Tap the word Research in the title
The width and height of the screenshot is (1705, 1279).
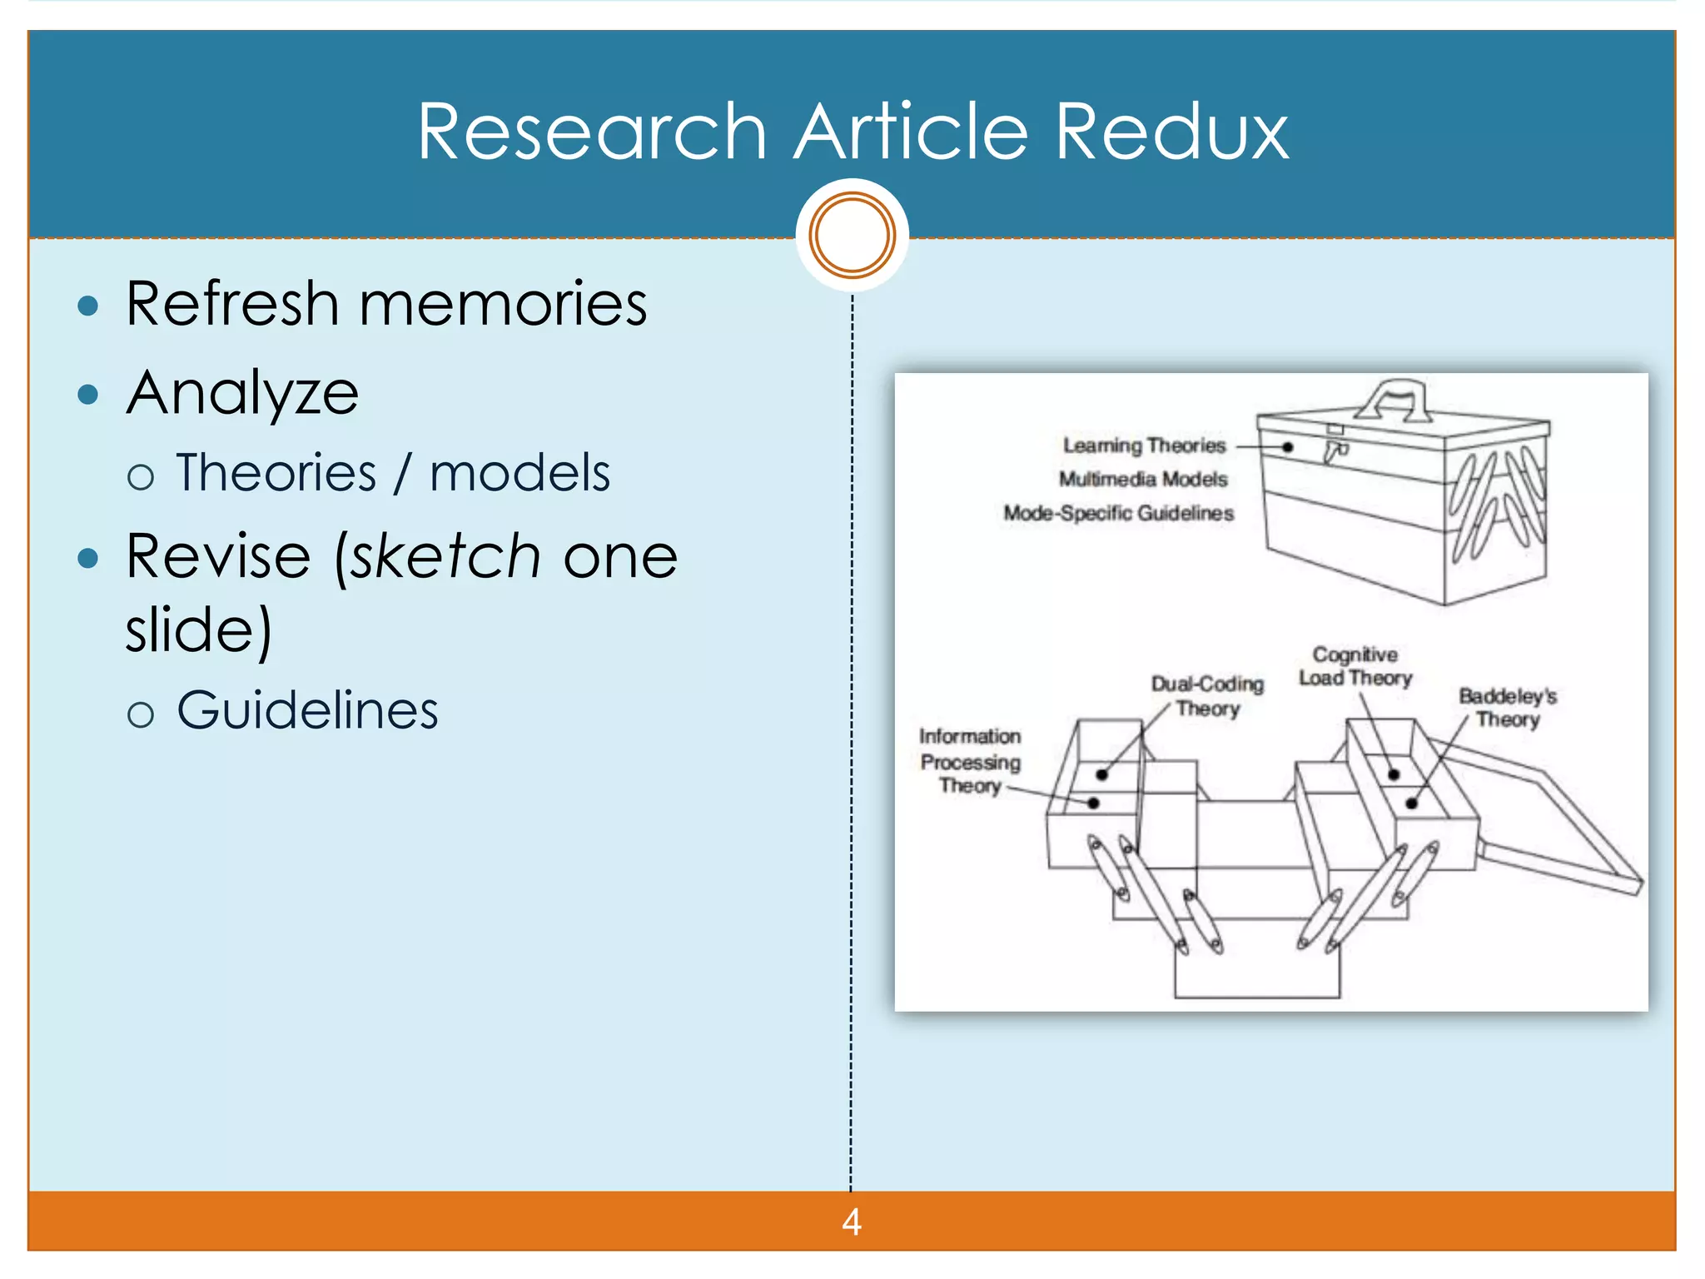(591, 132)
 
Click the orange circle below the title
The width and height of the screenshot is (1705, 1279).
(852, 235)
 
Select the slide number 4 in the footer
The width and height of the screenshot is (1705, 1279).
(851, 1222)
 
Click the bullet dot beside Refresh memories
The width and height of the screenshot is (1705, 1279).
(87, 306)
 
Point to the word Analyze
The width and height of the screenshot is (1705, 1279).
(242, 393)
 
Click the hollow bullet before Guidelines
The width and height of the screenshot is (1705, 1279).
(141, 714)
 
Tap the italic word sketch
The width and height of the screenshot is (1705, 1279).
(445, 556)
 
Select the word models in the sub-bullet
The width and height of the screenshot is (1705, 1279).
(519, 473)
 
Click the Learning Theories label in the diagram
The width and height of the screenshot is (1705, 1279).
(1144, 445)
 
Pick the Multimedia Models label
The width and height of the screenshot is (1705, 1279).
(1143, 479)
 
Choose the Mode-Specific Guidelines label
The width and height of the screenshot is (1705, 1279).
(1118, 513)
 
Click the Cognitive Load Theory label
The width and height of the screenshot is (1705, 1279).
(1355, 666)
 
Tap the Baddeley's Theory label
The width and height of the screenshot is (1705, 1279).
(1508, 708)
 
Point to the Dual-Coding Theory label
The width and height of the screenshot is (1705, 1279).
(1207, 696)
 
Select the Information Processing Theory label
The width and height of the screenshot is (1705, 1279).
(970, 761)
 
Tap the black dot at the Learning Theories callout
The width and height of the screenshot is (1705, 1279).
(1287, 447)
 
